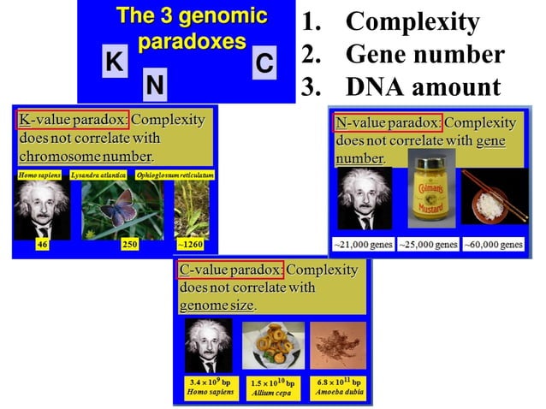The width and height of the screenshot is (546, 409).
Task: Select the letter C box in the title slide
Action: [264, 63]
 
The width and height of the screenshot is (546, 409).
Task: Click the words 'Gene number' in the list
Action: [424, 55]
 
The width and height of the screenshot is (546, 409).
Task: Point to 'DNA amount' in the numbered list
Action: [422, 86]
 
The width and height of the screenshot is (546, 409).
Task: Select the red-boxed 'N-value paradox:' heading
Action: [388, 122]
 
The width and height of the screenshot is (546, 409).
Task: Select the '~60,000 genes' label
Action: [493, 245]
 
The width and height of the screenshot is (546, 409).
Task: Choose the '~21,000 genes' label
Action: [363, 245]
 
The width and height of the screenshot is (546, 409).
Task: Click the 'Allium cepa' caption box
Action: [273, 386]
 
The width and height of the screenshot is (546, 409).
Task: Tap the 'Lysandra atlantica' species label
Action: [105, 175]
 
